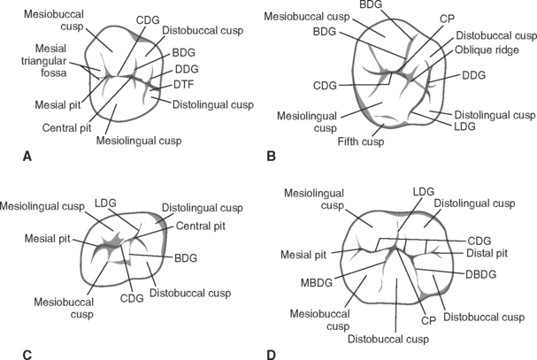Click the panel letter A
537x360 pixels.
click(x=27, y=157)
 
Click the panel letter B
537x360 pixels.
click(x=272, y=157)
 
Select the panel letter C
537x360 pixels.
click(x=27, y=355)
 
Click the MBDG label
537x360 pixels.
click(x=313, y=283)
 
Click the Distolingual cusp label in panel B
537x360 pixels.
click(x=494, y=115)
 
